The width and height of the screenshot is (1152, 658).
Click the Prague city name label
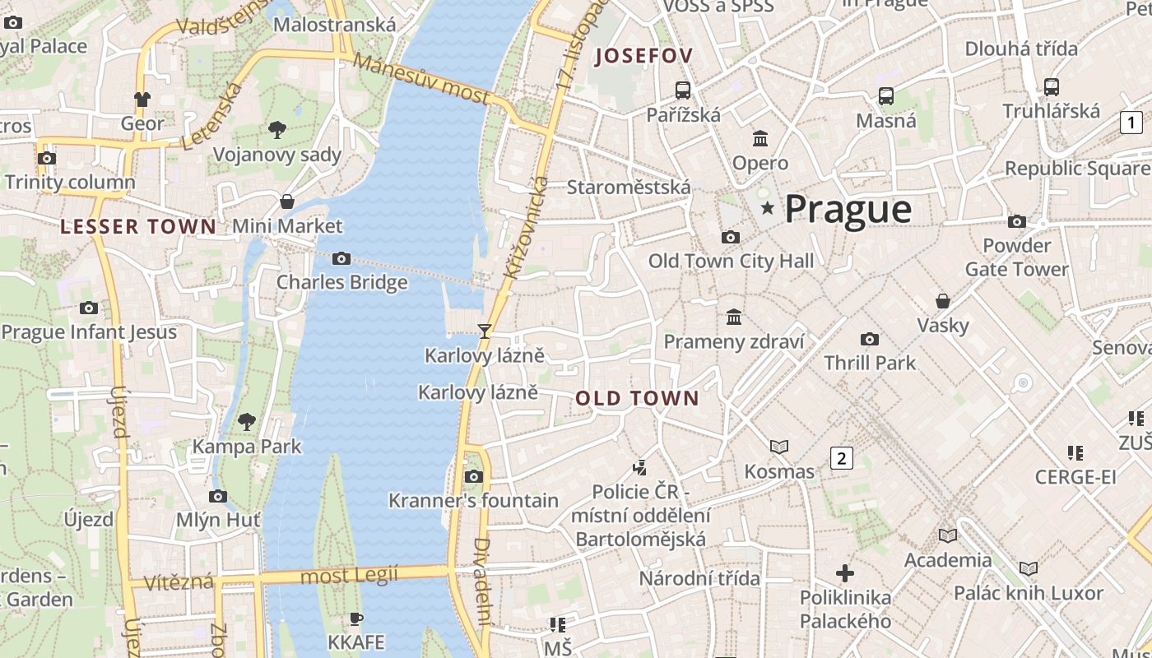point(848,210)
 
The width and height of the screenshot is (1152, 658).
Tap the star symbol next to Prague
point(768,208)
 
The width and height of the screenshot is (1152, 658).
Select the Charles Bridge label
point(341,282)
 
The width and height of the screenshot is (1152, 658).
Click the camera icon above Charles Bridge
point(341,259)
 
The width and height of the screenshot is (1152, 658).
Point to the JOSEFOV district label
point(643,56)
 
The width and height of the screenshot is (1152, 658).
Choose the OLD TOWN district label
point(637,399)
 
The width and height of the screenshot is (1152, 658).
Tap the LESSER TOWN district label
point(138,227)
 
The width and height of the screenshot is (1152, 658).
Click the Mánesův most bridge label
point(421,79)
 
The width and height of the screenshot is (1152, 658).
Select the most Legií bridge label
point(349,575)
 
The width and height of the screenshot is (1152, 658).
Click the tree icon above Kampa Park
point(246,423)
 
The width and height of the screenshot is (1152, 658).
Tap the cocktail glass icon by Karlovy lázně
point(484,331)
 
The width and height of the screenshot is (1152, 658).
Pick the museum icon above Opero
point(760,138)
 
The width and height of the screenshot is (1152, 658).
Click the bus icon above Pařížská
point(682,90)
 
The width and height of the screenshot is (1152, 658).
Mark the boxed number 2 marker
point(841,458)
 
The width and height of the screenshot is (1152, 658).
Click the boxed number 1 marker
point(1131,123)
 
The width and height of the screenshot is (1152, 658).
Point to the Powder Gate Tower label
point(1017,257)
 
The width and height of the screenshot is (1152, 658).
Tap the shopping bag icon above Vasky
point(943,301)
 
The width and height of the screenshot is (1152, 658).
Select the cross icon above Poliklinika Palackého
point(845,573)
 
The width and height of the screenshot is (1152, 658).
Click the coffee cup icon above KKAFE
point(355,619)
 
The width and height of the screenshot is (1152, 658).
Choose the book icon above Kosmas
point(778,447)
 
